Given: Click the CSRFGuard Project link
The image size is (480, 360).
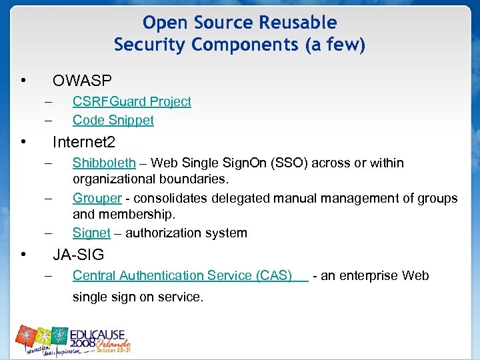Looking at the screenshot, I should pos(131,101).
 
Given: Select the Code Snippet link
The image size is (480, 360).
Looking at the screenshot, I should pos(113,120).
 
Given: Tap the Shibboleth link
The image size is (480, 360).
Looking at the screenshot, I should pos(104,163).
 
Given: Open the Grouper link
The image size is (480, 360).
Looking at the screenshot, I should pos(97,198).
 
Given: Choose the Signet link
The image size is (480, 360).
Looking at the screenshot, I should pos(91,233).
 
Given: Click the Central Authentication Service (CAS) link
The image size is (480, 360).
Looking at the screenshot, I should pos(182,275).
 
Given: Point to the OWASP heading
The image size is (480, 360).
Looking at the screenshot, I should pos(82,81).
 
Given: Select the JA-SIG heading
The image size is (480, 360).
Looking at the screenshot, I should pos(79,254).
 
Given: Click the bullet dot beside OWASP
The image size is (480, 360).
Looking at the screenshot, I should pos(23,82).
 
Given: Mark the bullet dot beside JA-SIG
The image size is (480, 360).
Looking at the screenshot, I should pos(23,255).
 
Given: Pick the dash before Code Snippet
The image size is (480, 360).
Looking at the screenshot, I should pos(48,120).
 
